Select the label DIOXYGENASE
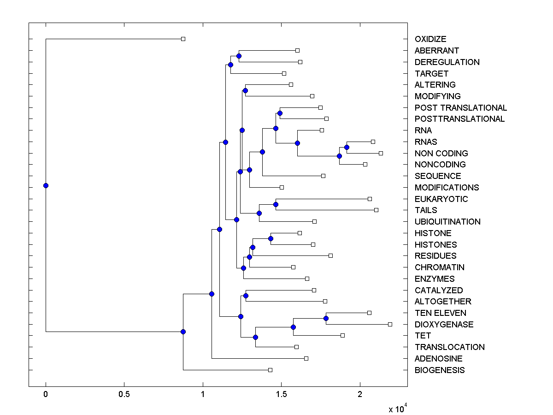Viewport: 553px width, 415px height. click(444, 324)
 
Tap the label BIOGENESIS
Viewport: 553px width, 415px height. click(440, 370)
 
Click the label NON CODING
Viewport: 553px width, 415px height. click(441, 153)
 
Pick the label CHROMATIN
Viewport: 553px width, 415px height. click(440, 267)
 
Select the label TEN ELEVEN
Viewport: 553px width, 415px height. click(440, 313)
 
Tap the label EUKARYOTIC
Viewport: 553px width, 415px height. click(441, 199)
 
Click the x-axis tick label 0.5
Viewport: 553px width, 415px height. click(124, 395)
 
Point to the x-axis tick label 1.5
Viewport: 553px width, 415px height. click(281, 395)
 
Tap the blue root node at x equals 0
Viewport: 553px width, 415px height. click(46, 185)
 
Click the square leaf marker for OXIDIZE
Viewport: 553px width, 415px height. click(183, 39)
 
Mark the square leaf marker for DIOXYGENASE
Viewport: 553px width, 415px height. click(390, 324)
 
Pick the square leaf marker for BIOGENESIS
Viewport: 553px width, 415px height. click(270, 370)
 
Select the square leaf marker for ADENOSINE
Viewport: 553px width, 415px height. click(306, 358)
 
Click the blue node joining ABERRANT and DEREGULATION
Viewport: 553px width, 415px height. click(239, 56)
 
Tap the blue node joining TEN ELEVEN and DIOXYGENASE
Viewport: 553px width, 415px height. click(326, 318)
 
